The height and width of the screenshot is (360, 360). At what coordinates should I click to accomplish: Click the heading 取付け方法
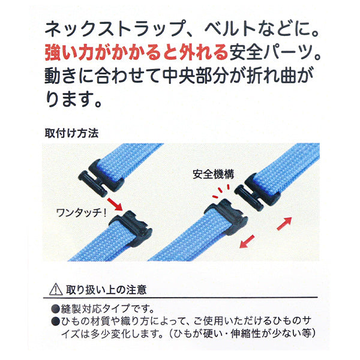point(71,133)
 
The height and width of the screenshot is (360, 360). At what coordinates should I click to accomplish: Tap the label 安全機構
point(214,174)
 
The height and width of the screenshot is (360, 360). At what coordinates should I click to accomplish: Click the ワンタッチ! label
point(82,213)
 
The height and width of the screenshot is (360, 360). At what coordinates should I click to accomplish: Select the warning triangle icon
point(56,290)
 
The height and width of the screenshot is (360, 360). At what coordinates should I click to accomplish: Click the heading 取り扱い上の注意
point(106,290)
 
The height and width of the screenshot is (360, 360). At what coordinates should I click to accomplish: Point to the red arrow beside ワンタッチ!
point(115,204)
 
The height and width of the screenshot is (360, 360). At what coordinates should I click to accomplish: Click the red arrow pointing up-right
point(284,223)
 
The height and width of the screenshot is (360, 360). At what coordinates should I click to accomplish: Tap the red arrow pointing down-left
point(247,242)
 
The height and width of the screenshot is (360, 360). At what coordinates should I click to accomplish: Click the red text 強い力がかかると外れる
point(136,53)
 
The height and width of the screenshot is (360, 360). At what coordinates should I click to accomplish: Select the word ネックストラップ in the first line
point(115,29)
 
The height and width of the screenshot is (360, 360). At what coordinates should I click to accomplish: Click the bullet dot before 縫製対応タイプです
point(56,309)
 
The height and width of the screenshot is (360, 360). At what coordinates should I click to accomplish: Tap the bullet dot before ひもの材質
point(56,322)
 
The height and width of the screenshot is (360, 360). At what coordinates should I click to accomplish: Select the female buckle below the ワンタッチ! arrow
point(130,226)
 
